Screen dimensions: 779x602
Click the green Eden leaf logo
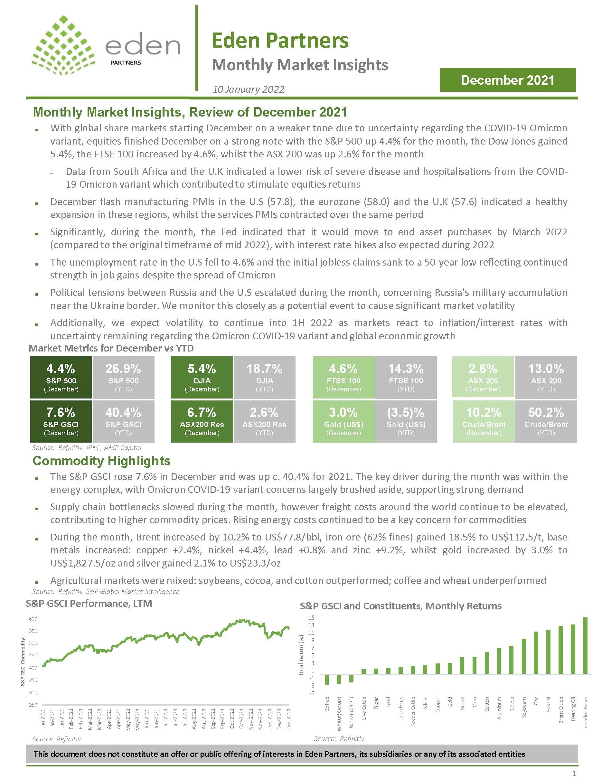63,46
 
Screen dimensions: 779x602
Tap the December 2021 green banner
507,80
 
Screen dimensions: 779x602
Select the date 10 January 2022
248,89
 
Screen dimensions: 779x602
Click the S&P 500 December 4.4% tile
61,377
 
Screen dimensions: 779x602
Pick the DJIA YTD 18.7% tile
264,377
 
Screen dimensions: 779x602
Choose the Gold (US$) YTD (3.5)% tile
406,421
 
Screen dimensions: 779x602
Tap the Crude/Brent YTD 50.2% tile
546,421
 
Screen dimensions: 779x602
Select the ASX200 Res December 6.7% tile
202,421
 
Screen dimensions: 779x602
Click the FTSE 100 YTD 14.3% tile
406,377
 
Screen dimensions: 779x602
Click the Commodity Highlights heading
102,461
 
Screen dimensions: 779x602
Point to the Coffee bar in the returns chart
327,680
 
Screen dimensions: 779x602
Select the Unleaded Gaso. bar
585,646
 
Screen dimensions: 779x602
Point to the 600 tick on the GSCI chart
33,619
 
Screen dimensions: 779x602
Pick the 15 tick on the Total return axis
311,618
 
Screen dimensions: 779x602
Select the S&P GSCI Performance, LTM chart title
89,604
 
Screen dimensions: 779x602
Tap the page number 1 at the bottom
574,774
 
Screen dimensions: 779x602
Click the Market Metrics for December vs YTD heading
111,348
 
